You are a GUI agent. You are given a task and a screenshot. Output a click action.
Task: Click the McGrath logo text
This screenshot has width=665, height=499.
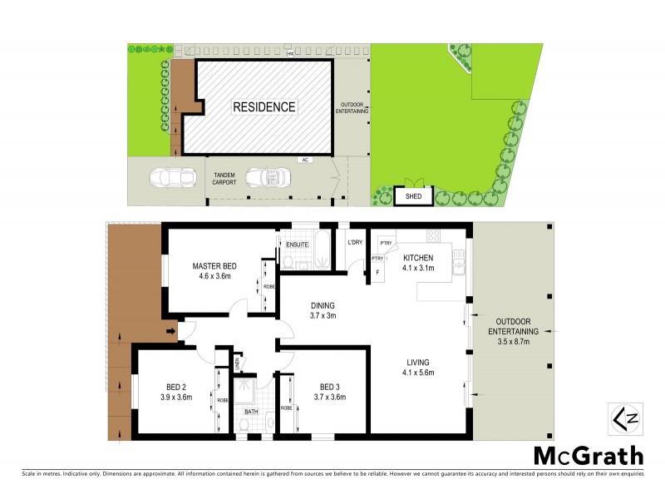[588, 456]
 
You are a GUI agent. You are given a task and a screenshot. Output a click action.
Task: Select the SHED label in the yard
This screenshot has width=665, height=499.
[413, 197]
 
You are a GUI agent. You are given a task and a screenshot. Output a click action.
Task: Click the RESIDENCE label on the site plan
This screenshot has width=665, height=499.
[264, 106]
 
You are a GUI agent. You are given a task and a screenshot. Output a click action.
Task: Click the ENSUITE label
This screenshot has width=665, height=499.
[298, 245]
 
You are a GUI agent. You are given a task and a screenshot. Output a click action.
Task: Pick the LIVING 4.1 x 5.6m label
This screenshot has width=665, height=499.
[419, 367]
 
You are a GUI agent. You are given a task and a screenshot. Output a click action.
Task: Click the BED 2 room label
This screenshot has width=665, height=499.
[175, 392]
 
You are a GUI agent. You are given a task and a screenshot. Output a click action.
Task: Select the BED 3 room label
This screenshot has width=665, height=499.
[329, 392]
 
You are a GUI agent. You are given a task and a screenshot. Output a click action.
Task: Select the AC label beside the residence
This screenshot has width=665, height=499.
[305, 160]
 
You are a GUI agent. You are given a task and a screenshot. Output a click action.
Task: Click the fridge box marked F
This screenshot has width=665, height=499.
[378, 271]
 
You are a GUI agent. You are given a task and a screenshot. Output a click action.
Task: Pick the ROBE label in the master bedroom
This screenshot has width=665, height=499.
[269, 287]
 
